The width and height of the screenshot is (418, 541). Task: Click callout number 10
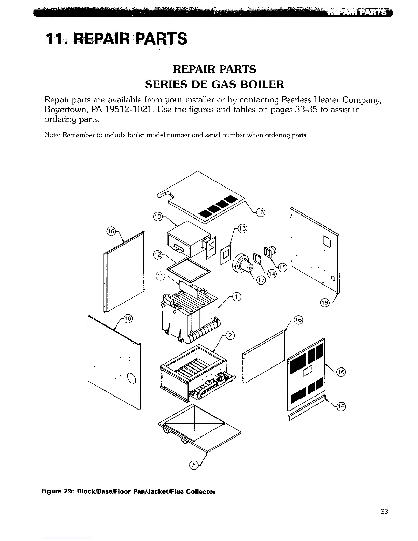tap(157, 217)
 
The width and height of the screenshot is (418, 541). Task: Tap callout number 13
tap(241, 228)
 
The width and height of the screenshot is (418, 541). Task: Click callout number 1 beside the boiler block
tap(236, 296)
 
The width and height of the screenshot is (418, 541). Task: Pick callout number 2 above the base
tap(231, 335)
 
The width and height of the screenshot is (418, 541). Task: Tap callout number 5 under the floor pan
tap(193, 465)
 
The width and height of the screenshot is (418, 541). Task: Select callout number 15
tap(283, 267)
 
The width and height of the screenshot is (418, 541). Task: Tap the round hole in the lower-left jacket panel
tap(131, 378)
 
